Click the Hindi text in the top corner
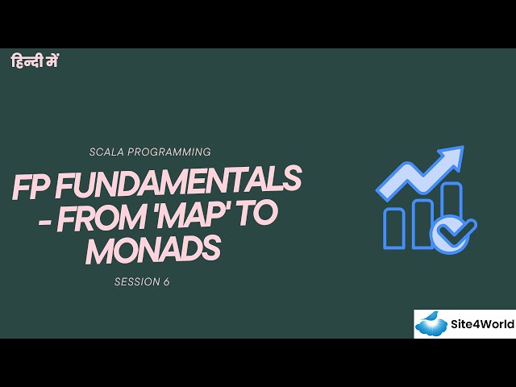[35, 60]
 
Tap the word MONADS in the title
[153, 251]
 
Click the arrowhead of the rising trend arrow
[451, 158]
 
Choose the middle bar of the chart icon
[423, 222]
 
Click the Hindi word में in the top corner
[51, 60]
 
